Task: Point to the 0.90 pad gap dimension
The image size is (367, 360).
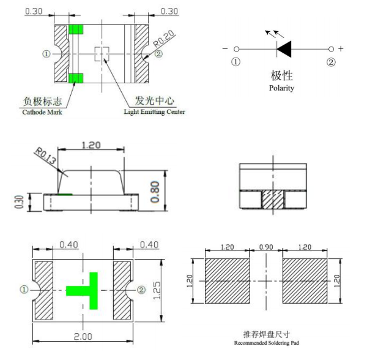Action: [267, 248]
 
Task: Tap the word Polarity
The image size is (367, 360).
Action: [281, 88]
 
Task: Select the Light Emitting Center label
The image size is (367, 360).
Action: [154, 112]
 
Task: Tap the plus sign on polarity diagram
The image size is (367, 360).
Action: [341, 48]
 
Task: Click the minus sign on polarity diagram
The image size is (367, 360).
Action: [226, 48]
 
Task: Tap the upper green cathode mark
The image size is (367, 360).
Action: [76, 29]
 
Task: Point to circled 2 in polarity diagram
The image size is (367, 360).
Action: [331, 62]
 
